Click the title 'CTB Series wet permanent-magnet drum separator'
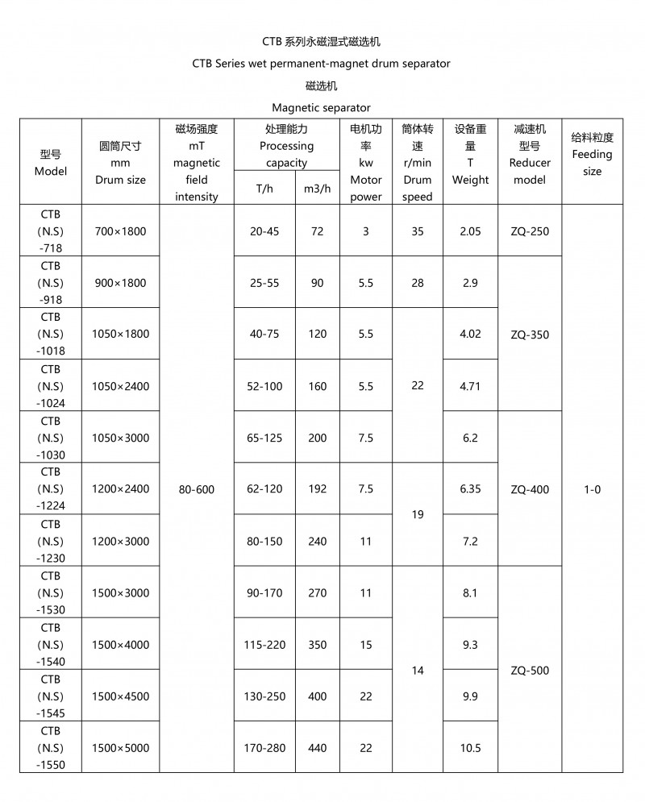pos(321,63)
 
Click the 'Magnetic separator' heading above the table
pos(321,107)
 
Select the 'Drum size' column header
pos(120,163)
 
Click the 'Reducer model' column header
pos(530,163)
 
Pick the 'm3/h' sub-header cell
pos(317,189)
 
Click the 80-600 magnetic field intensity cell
pos(196,489)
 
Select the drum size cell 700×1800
pos(120,231)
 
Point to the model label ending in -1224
pos(50,489)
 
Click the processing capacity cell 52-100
pos(266,386)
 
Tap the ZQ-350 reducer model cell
pos(530,335)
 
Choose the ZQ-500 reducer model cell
pos(530,671)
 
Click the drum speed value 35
pos(417,231)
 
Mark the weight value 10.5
pos(470,748)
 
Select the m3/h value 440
pos(317,748)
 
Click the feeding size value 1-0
pos(592,489)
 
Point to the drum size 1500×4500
pos(120,696)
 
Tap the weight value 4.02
pos(470,334)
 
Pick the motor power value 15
pos(365,645)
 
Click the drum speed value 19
pos(417,514)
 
